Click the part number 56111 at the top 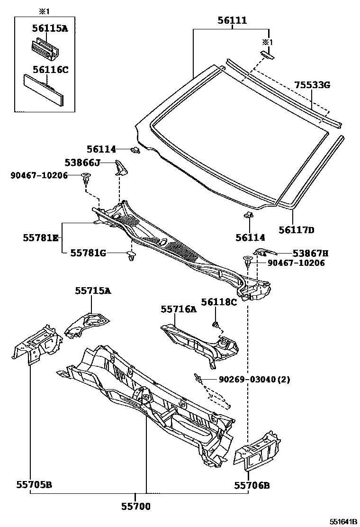pos(232,20)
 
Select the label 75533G pos(312,85)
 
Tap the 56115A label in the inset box pos(50,28)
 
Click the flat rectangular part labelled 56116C pos(44,91)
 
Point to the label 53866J pos(82,163)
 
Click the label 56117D pos(297,231)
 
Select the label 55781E pos(40,238)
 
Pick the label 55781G pos(88,253)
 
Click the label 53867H pos(310,253)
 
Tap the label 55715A pos(92,291)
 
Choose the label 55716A pos(178,309)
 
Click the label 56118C pos(218,301)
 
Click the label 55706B pos(252,485)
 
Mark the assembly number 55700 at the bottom pos(135,507)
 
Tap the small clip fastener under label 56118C pos(216,325)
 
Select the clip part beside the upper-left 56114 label pos(135,150)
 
